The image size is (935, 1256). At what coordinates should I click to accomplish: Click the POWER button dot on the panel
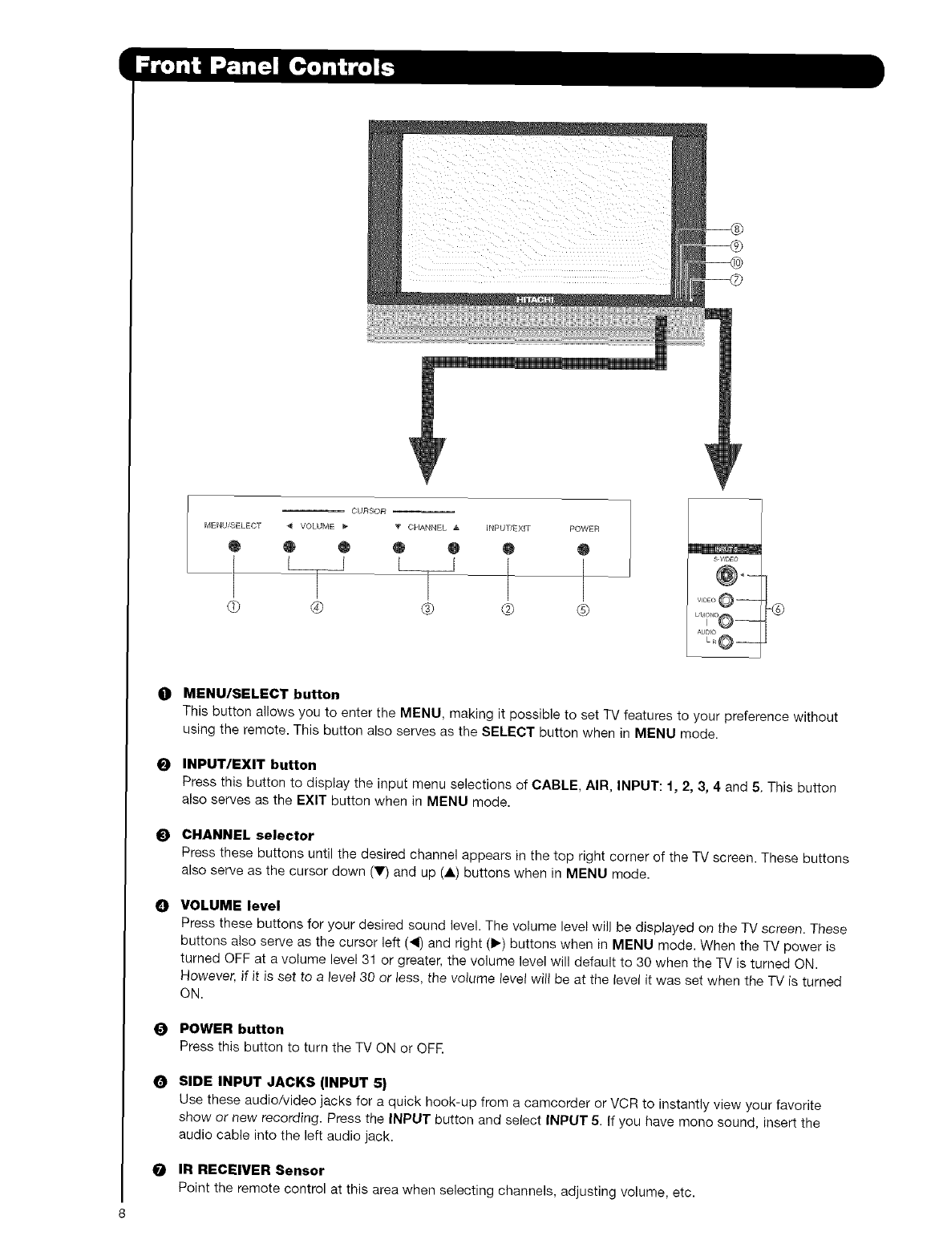pyautogui.click(x=584, y=549)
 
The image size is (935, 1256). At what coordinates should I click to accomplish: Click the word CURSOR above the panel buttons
pyautogui.click(x=369, y=510)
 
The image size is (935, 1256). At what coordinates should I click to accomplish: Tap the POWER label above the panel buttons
pyautogui.click(x=584, y=528)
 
